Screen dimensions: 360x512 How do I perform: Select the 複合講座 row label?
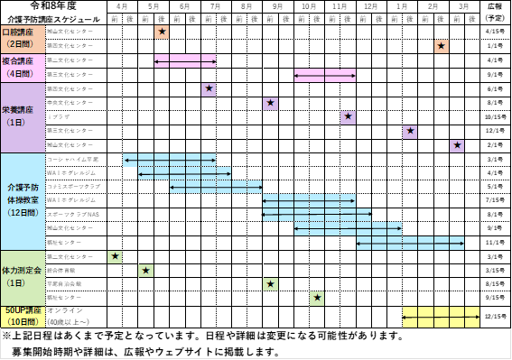point(18,61)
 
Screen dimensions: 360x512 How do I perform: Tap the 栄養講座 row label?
point(18,110)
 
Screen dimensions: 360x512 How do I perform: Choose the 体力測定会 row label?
point(23,271)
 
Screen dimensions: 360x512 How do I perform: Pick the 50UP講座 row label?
point(23,310)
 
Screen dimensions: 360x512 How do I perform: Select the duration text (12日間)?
point(22,213)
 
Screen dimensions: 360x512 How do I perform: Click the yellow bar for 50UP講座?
point(441,317)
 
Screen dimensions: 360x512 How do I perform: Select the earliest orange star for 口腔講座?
point(162,32)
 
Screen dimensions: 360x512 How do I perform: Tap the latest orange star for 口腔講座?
point(442,46)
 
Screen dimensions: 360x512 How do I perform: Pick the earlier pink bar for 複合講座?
point(185,61)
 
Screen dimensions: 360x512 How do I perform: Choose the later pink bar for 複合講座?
point(324,75)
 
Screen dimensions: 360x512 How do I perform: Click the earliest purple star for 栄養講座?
point(209,89)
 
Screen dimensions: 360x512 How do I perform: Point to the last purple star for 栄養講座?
point(457,145)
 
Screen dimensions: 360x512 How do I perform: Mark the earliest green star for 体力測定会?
point(115,256)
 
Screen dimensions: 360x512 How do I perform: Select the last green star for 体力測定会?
point(317,298)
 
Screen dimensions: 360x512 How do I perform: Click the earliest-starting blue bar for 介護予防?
point(170,160)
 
